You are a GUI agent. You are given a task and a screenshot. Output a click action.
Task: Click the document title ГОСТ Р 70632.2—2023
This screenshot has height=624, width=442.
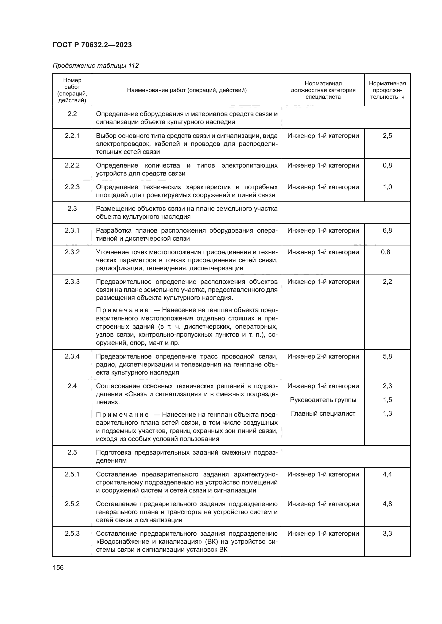[x=92, y=45]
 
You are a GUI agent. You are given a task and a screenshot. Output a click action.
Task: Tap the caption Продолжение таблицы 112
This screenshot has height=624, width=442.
[x=95, y=66]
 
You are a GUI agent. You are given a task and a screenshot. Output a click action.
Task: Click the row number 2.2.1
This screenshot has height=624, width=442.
[x=72, y=136]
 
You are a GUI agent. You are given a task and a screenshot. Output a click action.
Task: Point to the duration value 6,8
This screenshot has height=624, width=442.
[x=387, y=230]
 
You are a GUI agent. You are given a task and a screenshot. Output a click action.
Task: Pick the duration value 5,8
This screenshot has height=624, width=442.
[x=387, y=356]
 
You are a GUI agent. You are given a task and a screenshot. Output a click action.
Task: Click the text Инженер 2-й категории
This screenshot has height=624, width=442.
[x=323, y=356]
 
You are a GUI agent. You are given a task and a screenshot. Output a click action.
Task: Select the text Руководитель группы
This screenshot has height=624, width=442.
[x=323, y=400]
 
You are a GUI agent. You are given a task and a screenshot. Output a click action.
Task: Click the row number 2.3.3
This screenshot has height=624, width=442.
[x=72, y=281]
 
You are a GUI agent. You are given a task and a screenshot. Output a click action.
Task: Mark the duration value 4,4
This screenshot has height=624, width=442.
[x=387, y=474]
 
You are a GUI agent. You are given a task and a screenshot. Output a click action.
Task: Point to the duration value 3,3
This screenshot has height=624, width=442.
[x=387, y=534]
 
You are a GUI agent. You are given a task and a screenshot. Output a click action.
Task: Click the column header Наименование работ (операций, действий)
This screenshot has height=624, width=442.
[x=187, y=90]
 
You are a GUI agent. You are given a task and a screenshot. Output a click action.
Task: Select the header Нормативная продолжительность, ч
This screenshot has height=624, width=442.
[x=387, y=90]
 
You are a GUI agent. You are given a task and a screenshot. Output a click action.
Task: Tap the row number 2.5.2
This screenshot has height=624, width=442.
[x=72, y=504]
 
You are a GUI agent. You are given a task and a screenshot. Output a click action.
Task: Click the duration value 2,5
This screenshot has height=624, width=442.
[x=387, y=136]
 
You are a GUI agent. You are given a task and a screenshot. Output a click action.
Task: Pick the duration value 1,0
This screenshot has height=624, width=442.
[x=387, y=187]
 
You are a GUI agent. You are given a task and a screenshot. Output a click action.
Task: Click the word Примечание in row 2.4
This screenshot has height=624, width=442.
[x=122, y=415]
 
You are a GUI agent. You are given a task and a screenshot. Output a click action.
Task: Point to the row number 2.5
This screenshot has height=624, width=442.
[x=72, y=452]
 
